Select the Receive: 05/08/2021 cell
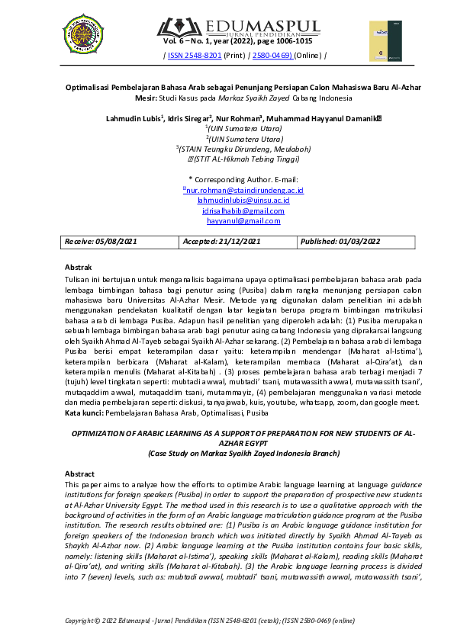[118, 242]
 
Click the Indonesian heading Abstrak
[79, 268]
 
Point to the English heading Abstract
[80, 473]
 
